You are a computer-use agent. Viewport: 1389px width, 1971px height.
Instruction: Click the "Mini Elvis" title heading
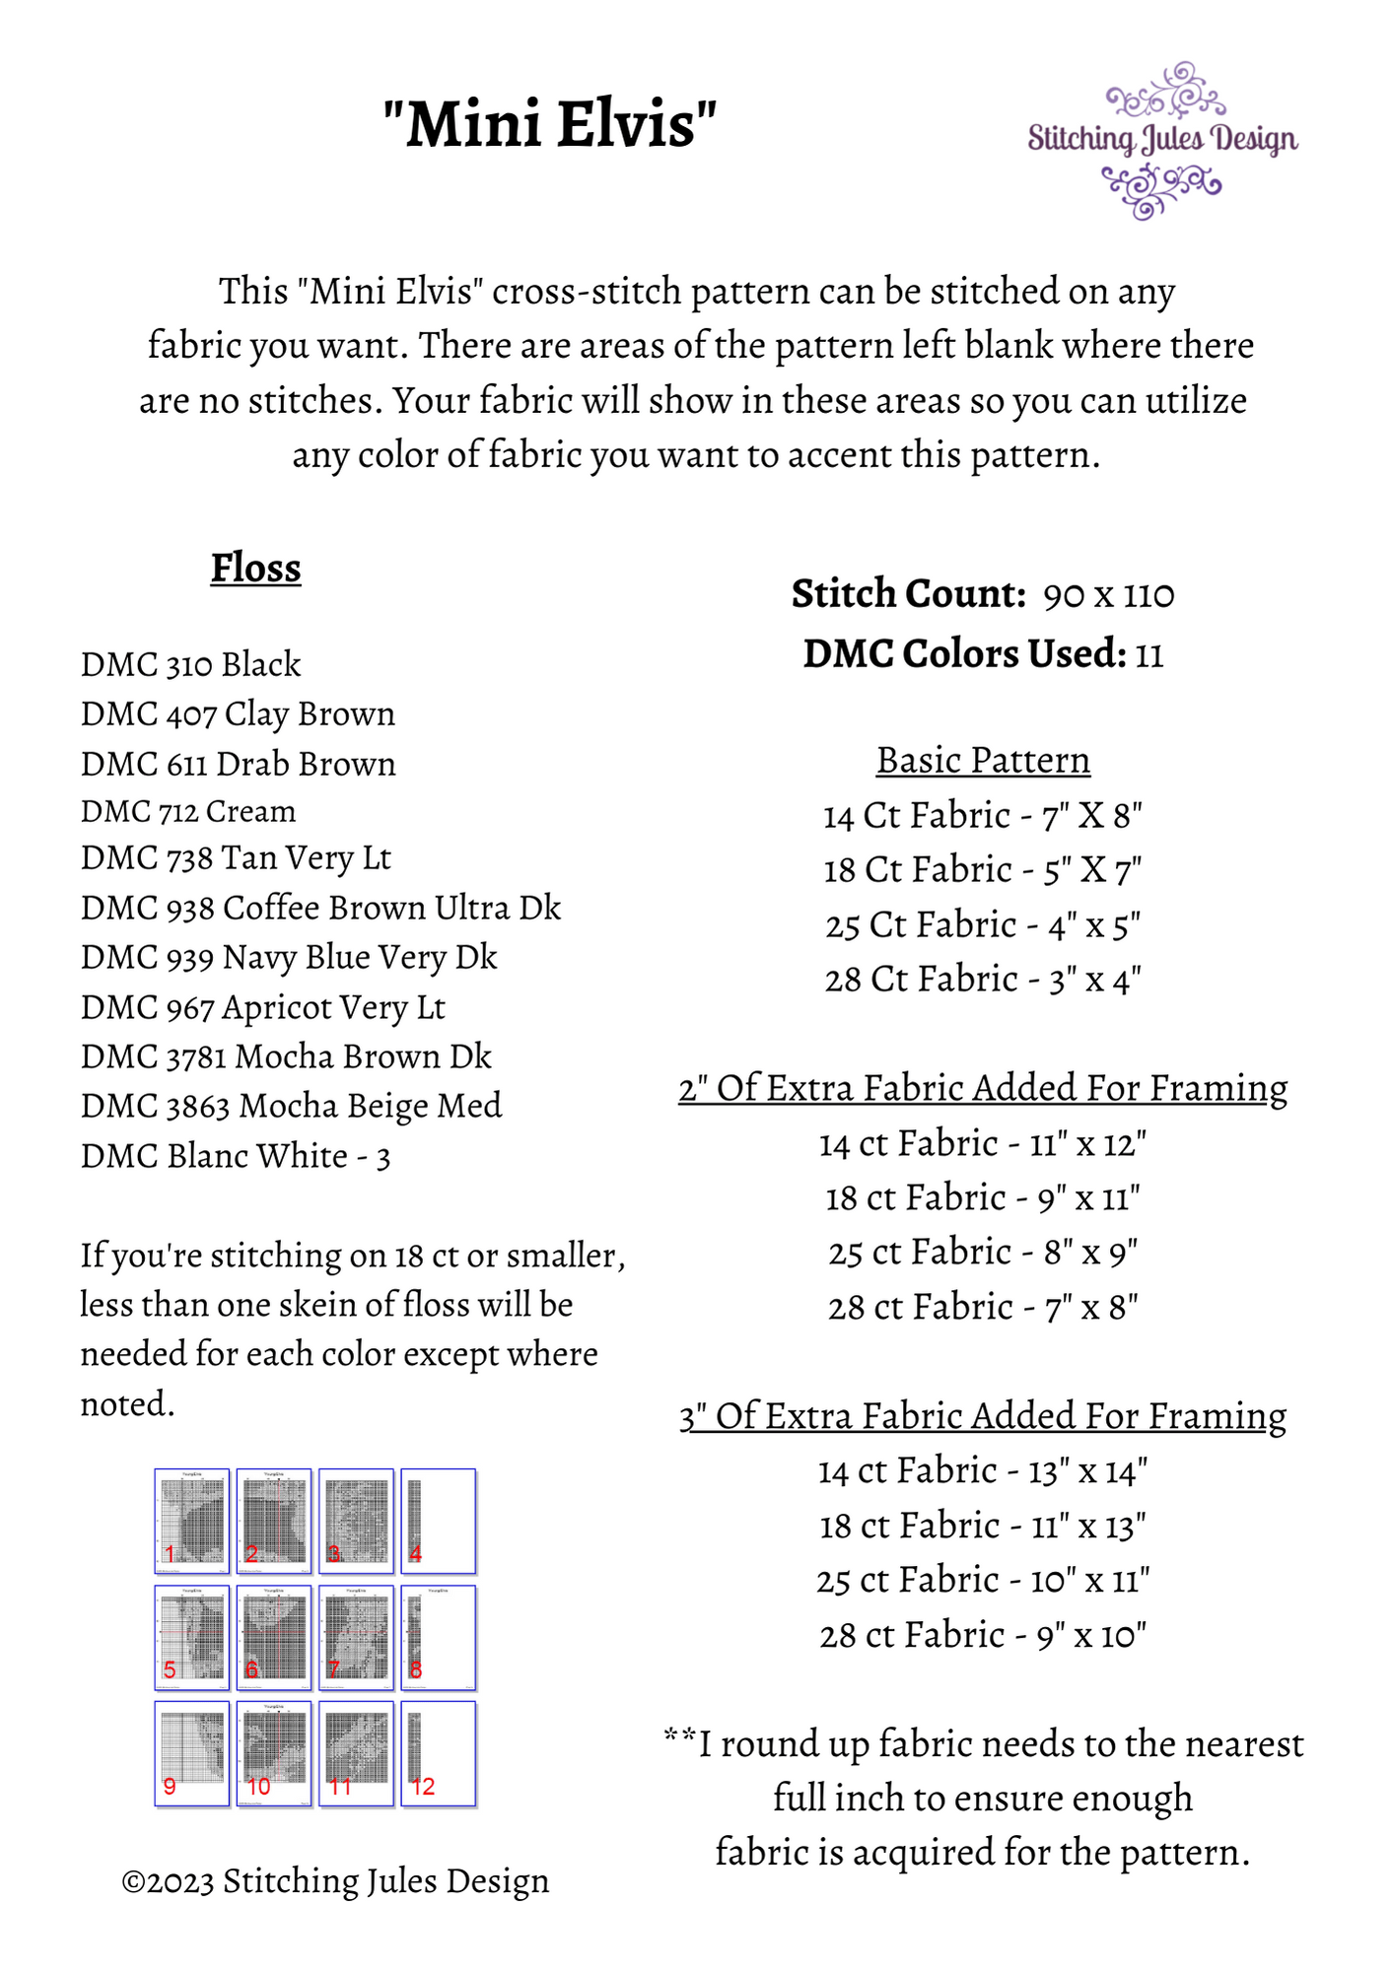click(x=549, y=125)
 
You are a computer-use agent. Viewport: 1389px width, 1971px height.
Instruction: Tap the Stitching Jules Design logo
click(x=1162, y=140)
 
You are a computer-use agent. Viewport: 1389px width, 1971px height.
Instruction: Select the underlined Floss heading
click(x=255, y=569)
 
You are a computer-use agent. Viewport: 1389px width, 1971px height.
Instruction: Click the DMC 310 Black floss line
click(x=190, y=665)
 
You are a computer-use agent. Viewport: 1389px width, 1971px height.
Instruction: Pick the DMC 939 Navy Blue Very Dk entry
click(x=289, y=958)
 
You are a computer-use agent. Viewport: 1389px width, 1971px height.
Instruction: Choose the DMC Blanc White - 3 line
click(x=236, y=1156)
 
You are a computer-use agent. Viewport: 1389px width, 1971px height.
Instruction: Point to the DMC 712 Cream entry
click(x=188, y=812)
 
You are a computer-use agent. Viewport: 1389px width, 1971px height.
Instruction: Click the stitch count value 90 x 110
click(x=1108, y=595)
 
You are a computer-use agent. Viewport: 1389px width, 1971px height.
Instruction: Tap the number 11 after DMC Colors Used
click(x=1149, y=655)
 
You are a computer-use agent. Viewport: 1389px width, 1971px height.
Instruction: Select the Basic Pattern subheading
click(x=983, y=761)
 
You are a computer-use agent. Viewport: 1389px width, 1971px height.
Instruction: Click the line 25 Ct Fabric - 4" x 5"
click(x=983, y=925)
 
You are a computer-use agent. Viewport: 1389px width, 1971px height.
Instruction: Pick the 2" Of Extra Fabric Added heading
click(x=983, y=1089)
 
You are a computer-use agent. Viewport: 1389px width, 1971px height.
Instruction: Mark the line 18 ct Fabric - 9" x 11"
click(x=983, y=1198)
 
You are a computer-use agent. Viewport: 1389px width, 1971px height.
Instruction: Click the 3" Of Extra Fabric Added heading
click(x=983, y=1416)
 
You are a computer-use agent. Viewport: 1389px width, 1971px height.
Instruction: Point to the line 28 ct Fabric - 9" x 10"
click(x=983, y=1636)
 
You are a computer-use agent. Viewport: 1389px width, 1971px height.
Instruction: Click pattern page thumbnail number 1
click(x=192, y=1521)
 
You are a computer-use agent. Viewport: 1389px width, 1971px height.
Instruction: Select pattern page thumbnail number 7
click(x=356, y=1637)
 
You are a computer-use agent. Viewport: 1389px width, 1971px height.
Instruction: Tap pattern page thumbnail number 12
click(x=438, y=1753)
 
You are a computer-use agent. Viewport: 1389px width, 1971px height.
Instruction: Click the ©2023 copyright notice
click(x=335, y=1881)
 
